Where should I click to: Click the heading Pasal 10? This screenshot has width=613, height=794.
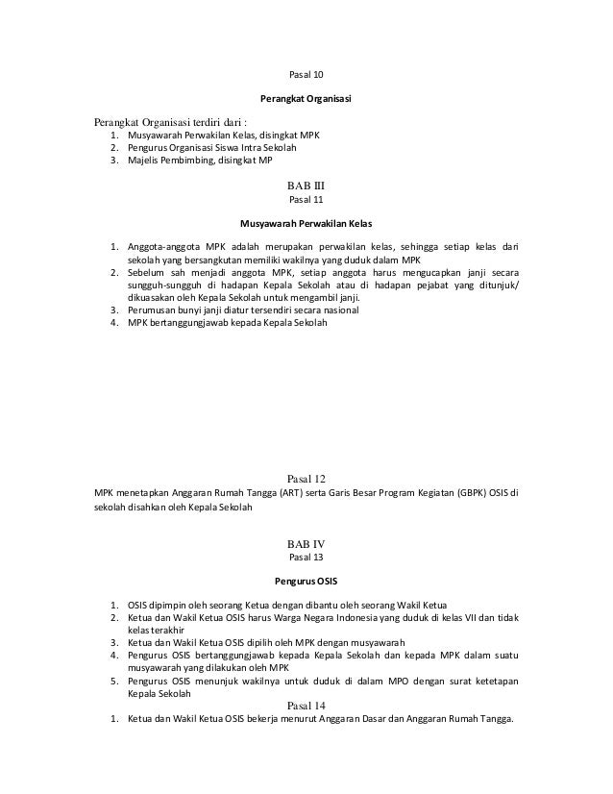click(x=306, y=75)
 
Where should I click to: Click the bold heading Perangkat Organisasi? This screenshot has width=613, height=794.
click(x=306, y=99)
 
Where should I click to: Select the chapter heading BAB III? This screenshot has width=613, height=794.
click(x=306, y=186)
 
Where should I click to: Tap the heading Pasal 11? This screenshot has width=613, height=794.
click(x=306, y=201)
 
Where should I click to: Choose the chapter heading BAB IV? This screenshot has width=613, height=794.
click(x=306, y=543)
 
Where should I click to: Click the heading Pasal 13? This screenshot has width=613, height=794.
click(x=306, y=558)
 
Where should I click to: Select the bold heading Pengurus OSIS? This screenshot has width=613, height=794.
click(x=306, y=582)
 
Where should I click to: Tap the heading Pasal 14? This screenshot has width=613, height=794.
click(x=306, y=706)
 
